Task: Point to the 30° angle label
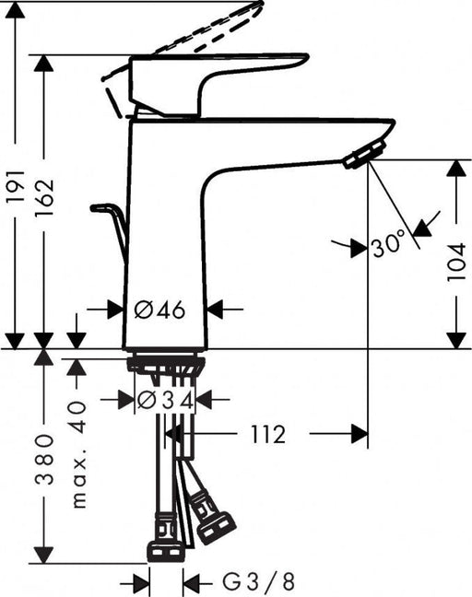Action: click(x=388, y=246)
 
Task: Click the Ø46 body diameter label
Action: click(x=160, y=310)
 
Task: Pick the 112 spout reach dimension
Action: click(x=267, y=433)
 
